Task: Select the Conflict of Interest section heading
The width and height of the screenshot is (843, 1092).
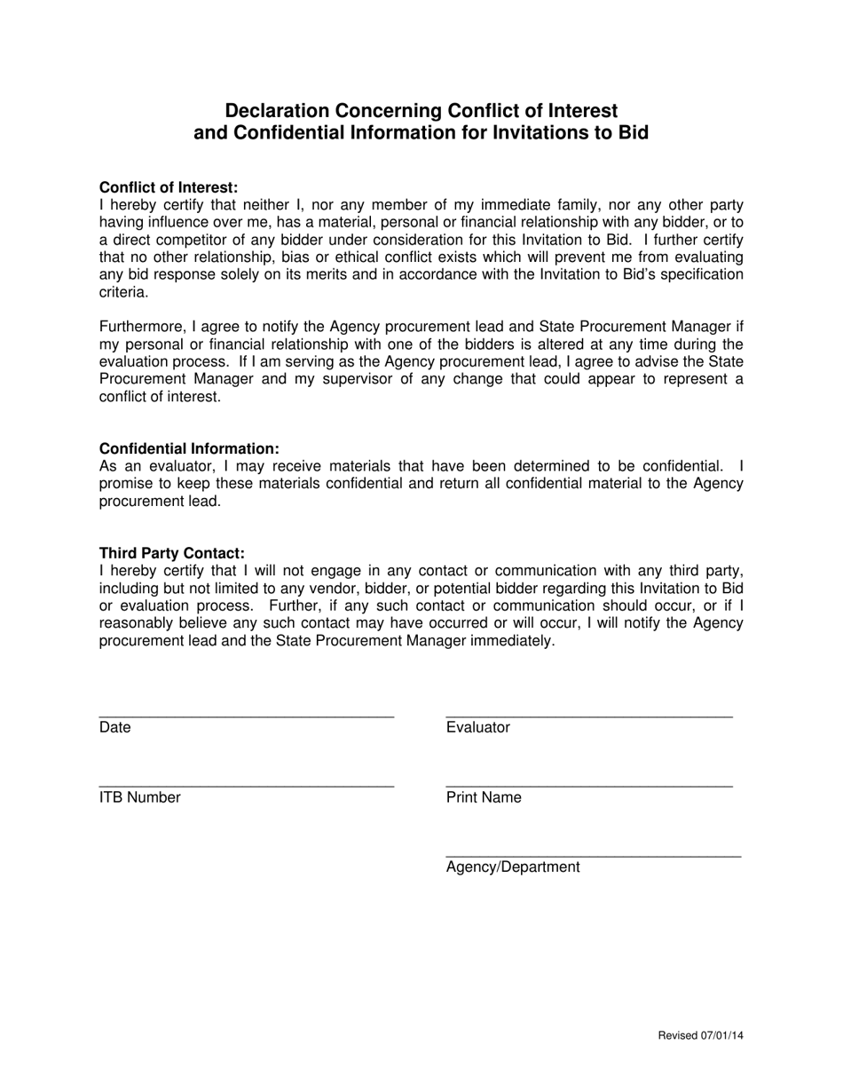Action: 169,187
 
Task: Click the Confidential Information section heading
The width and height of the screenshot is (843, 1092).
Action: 189,449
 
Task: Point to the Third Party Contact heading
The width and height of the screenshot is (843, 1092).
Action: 171,553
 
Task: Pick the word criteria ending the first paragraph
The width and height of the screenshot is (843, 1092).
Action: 123,291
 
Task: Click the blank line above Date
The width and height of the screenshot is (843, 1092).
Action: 246,716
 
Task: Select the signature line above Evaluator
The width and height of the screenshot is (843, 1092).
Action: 588,716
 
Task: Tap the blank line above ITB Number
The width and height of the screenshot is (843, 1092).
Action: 246,786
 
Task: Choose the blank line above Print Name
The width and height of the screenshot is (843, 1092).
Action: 588,786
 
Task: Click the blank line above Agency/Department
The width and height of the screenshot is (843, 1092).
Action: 593,856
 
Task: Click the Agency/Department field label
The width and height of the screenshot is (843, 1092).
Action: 513,867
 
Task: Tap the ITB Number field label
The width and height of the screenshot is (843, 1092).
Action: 139,797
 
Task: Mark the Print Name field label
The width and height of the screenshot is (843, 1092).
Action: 484,797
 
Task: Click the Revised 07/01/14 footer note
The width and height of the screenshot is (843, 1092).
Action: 700,1036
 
